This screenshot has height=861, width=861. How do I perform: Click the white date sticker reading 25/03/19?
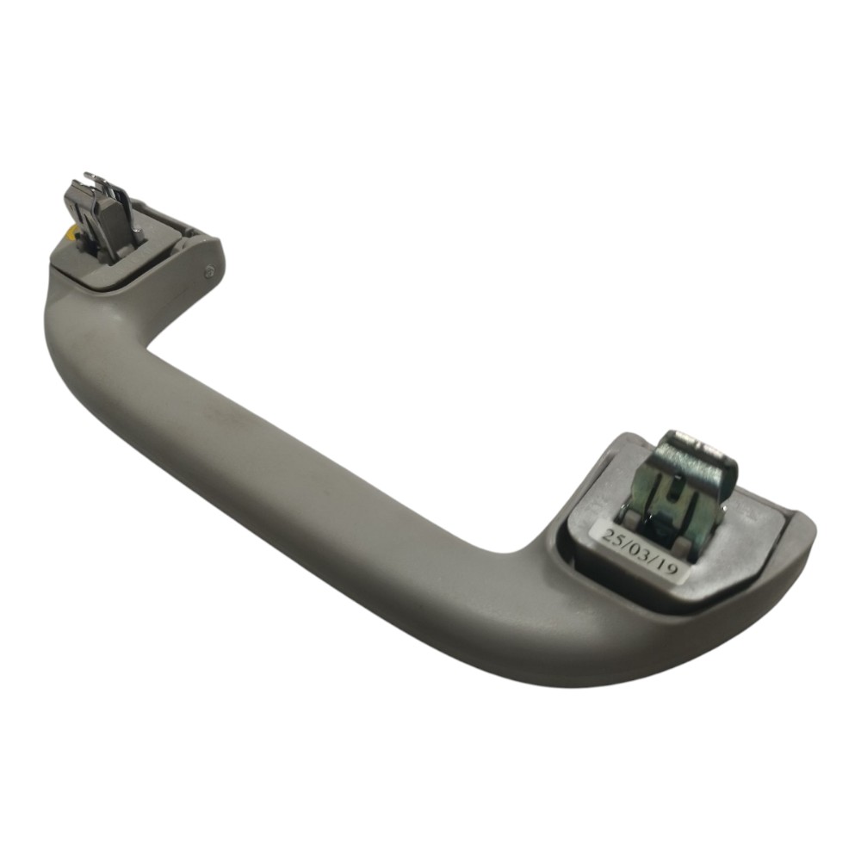pyautogui.click(x=641, y=551)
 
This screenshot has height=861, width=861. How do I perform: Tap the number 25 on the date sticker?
pyautogui.click(x=613, y=536)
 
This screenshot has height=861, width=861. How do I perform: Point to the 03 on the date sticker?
pyautogui.click(x=641, y=551)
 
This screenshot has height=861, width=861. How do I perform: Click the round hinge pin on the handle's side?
pyautogui.click(x=210, y=270)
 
